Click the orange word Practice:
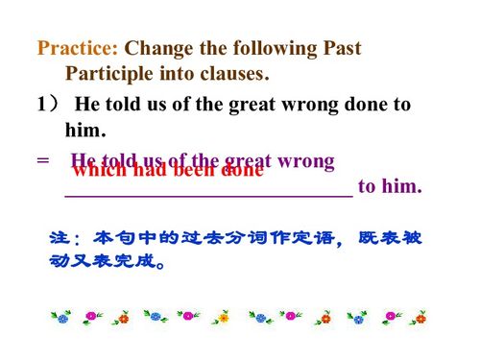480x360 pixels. (78, 48)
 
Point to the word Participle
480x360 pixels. (111, 73)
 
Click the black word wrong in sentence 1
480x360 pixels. (317, 105)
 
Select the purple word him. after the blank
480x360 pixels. (401, 186)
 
